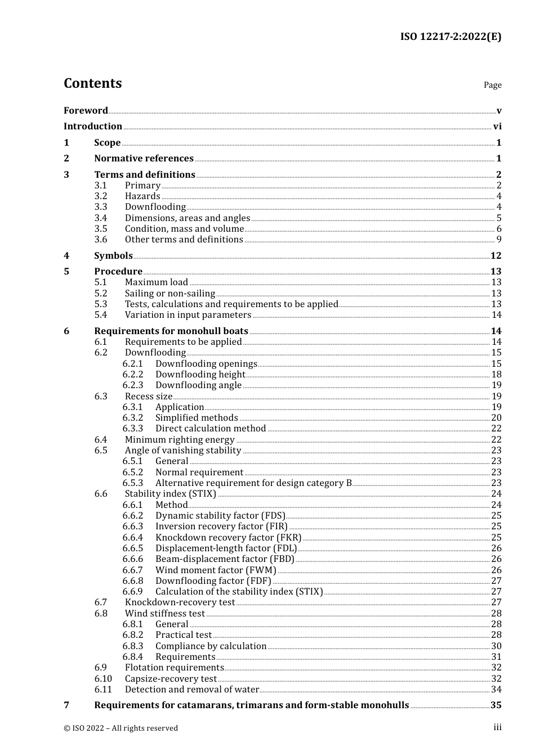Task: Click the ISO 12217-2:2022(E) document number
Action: pos(451,37)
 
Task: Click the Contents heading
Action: pos(92,83)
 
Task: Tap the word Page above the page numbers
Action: pos(492,85)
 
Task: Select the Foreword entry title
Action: pos(86,110)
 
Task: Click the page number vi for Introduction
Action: pos(497,127)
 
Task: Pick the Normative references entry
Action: pos(144,159)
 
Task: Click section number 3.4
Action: pos(101,218)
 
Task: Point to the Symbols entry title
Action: pos(113,255)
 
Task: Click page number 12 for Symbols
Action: pos(496,255)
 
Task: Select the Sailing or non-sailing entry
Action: pos(170,293)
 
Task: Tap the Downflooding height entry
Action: pos(200,374)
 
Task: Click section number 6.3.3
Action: pos(133,429)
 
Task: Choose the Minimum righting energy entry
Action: pos(179,439)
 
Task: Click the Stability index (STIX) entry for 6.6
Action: pos(170,494)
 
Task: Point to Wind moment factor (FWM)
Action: pos(216,570)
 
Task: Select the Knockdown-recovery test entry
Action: pos(180,602)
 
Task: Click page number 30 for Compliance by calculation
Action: pos(496,646)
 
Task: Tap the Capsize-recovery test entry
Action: pos(171,678)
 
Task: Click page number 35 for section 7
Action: pos(496,705)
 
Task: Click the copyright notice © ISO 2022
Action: pos(121,728)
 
